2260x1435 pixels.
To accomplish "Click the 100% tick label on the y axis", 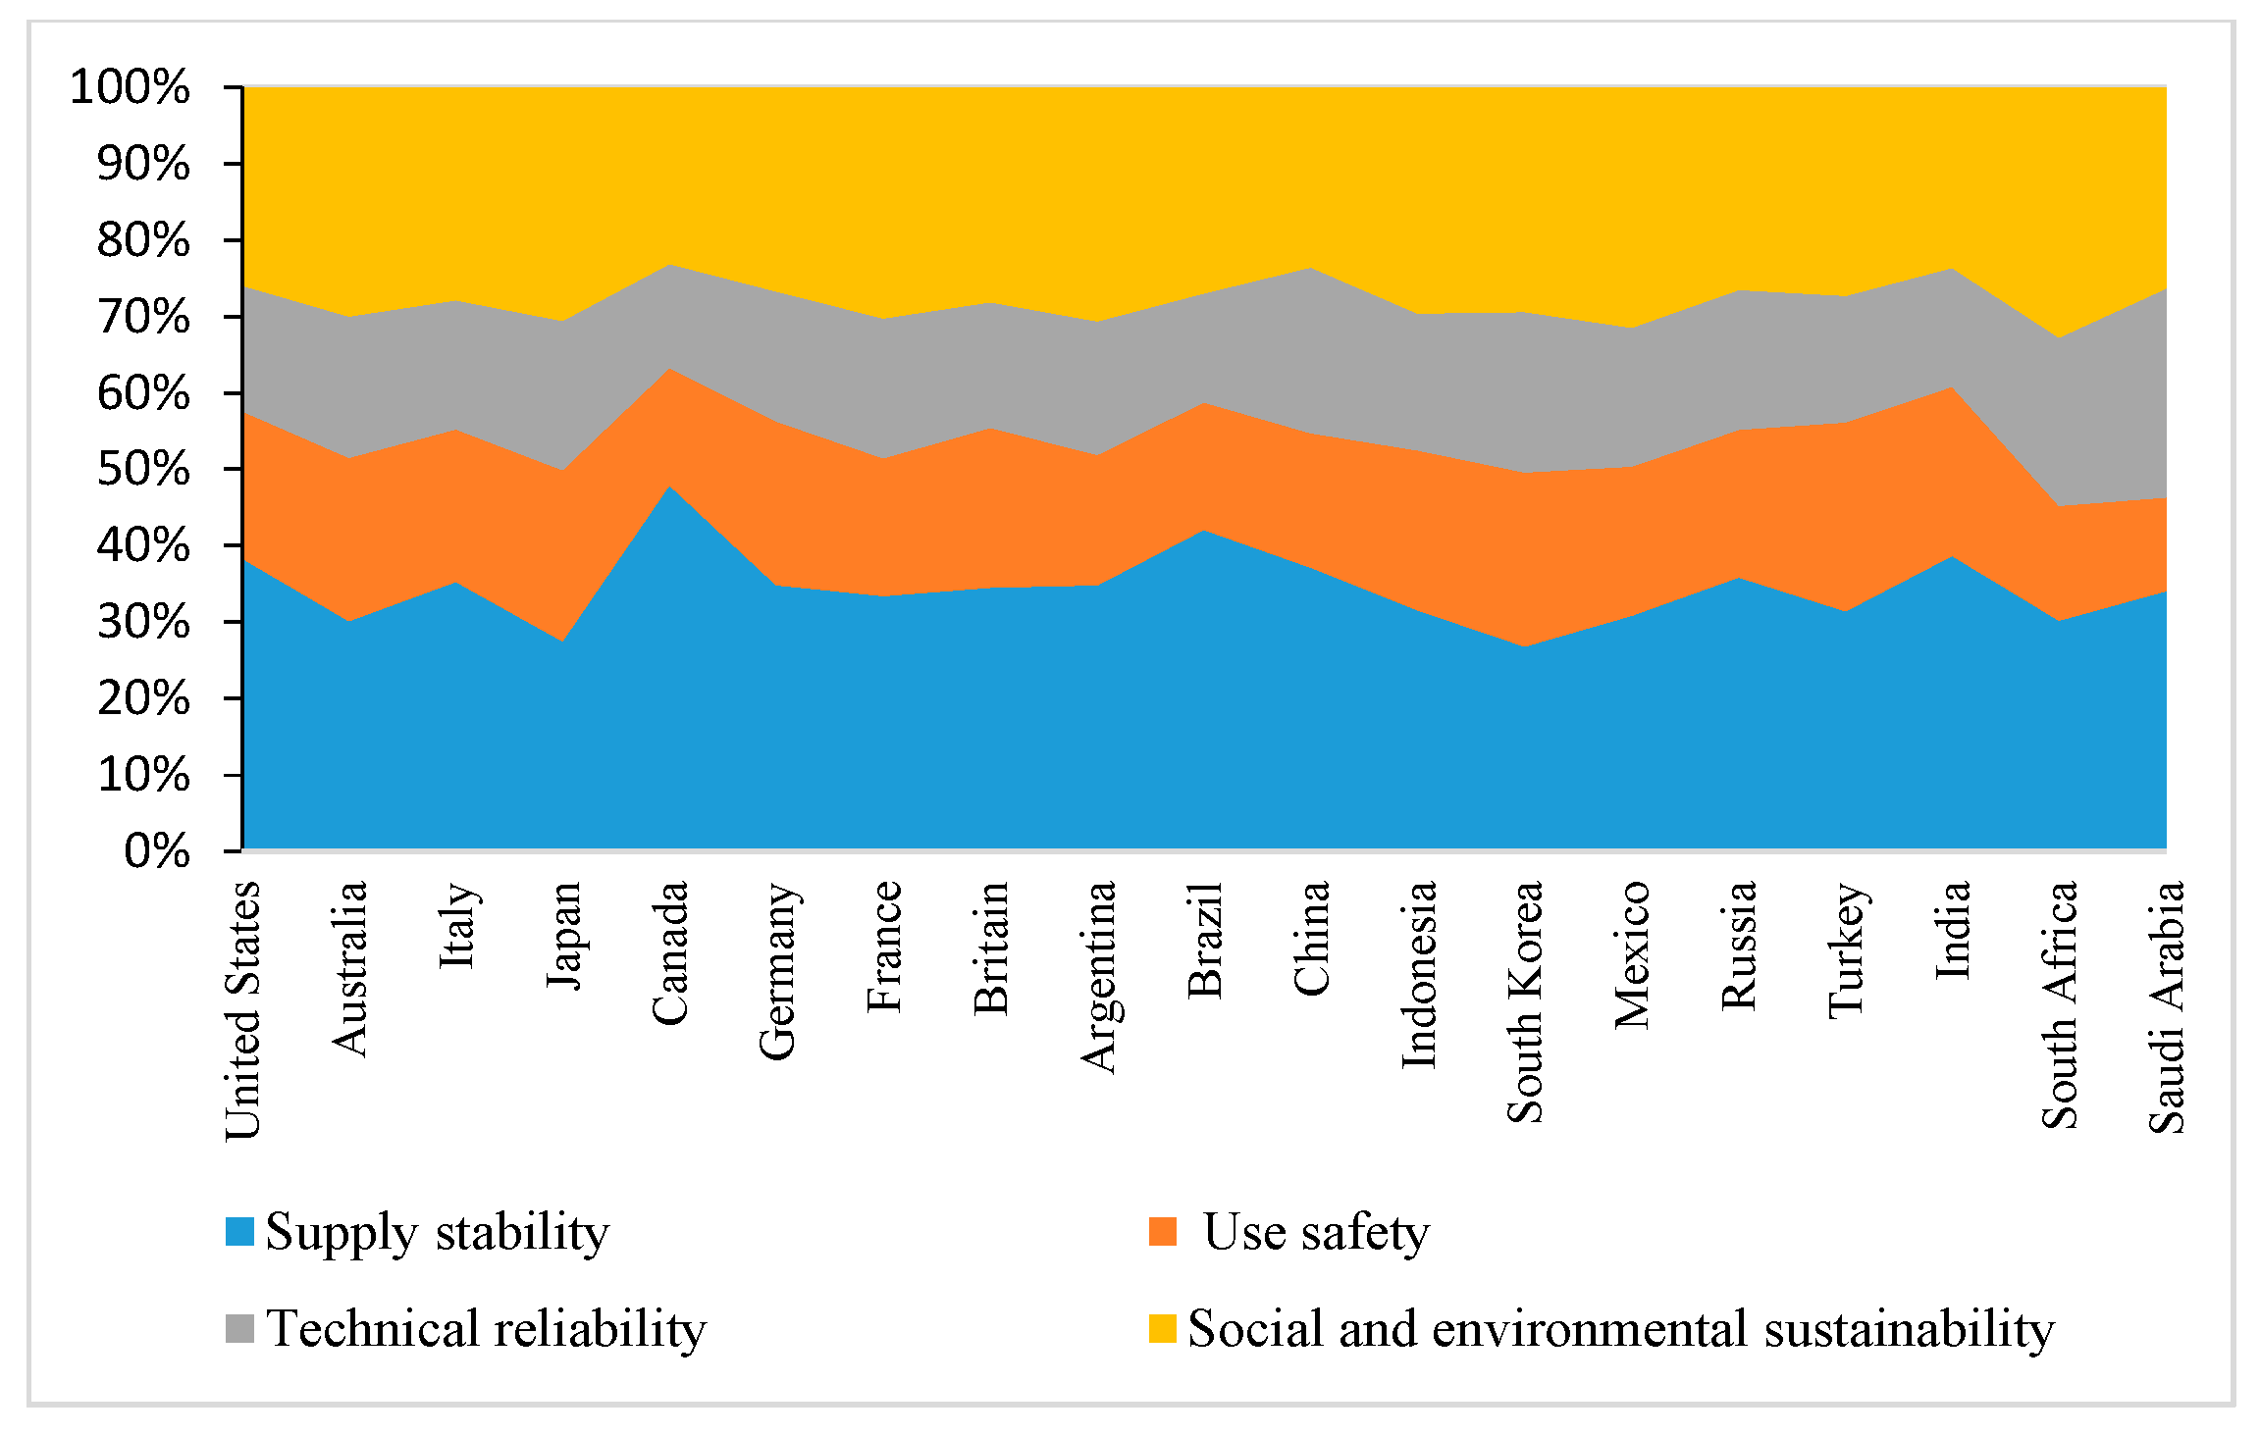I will [x=130, y=87].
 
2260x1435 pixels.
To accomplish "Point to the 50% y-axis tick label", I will [x=143, y=469].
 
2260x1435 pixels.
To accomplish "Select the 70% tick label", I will [x=143, y=317].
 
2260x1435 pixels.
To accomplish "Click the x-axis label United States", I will [x=243, y=1010].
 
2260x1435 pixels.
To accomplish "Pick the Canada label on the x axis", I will [x=670, y=953].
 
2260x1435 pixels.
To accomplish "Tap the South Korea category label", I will [x=1525, y=1001].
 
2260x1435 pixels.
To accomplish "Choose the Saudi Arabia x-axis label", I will [x=2167, y=1006].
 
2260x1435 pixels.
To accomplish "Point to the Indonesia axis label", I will [x=1419, y=974].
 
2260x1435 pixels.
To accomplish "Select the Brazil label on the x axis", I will [x=1205, y=940].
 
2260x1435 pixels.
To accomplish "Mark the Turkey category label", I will [x=1847, y=949].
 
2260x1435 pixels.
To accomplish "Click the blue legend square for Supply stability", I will [x=239, y=1231].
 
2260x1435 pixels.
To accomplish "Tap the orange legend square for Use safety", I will [x=1162, y=1231].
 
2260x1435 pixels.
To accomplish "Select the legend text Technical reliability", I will [x=486, y=1328].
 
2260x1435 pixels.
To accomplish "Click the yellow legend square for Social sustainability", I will [x=1162, y=1328].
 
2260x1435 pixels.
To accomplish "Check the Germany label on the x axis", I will [x=777, y=971].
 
